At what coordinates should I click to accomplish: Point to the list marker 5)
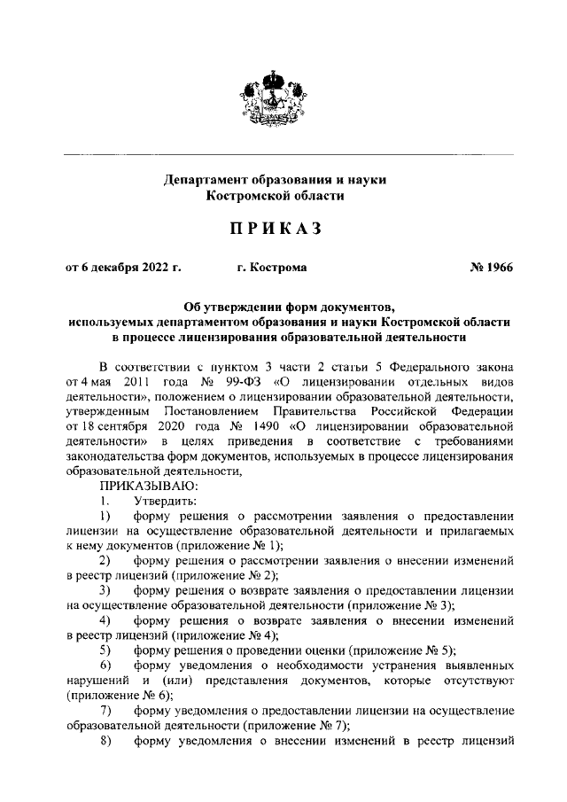pyautogui.click(x=105, y=650)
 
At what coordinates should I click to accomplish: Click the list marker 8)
pyautogui.click(x=105, y=742)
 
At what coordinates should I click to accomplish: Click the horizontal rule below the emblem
pyautogui.click(x=283, y=154)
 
